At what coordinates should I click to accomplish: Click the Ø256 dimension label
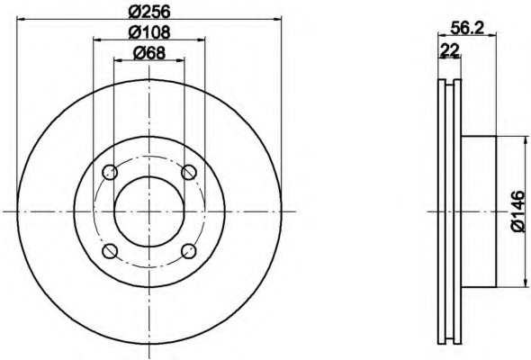[x=149, y=12]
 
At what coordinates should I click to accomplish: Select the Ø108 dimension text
[x=149, y=32]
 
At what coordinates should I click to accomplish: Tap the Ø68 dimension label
[x=149, y=53]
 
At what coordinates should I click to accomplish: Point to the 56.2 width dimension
[x=466, y=28]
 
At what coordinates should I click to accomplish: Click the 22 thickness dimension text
[x=449, y=50]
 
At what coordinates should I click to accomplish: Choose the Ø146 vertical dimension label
[x=517, y=211]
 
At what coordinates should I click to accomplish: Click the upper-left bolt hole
[x=110, y=173]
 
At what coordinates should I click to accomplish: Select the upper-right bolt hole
[x=189, y=173]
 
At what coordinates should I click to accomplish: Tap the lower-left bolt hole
[x=110, y=251]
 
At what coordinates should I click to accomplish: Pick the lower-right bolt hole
[x=189, y=251]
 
